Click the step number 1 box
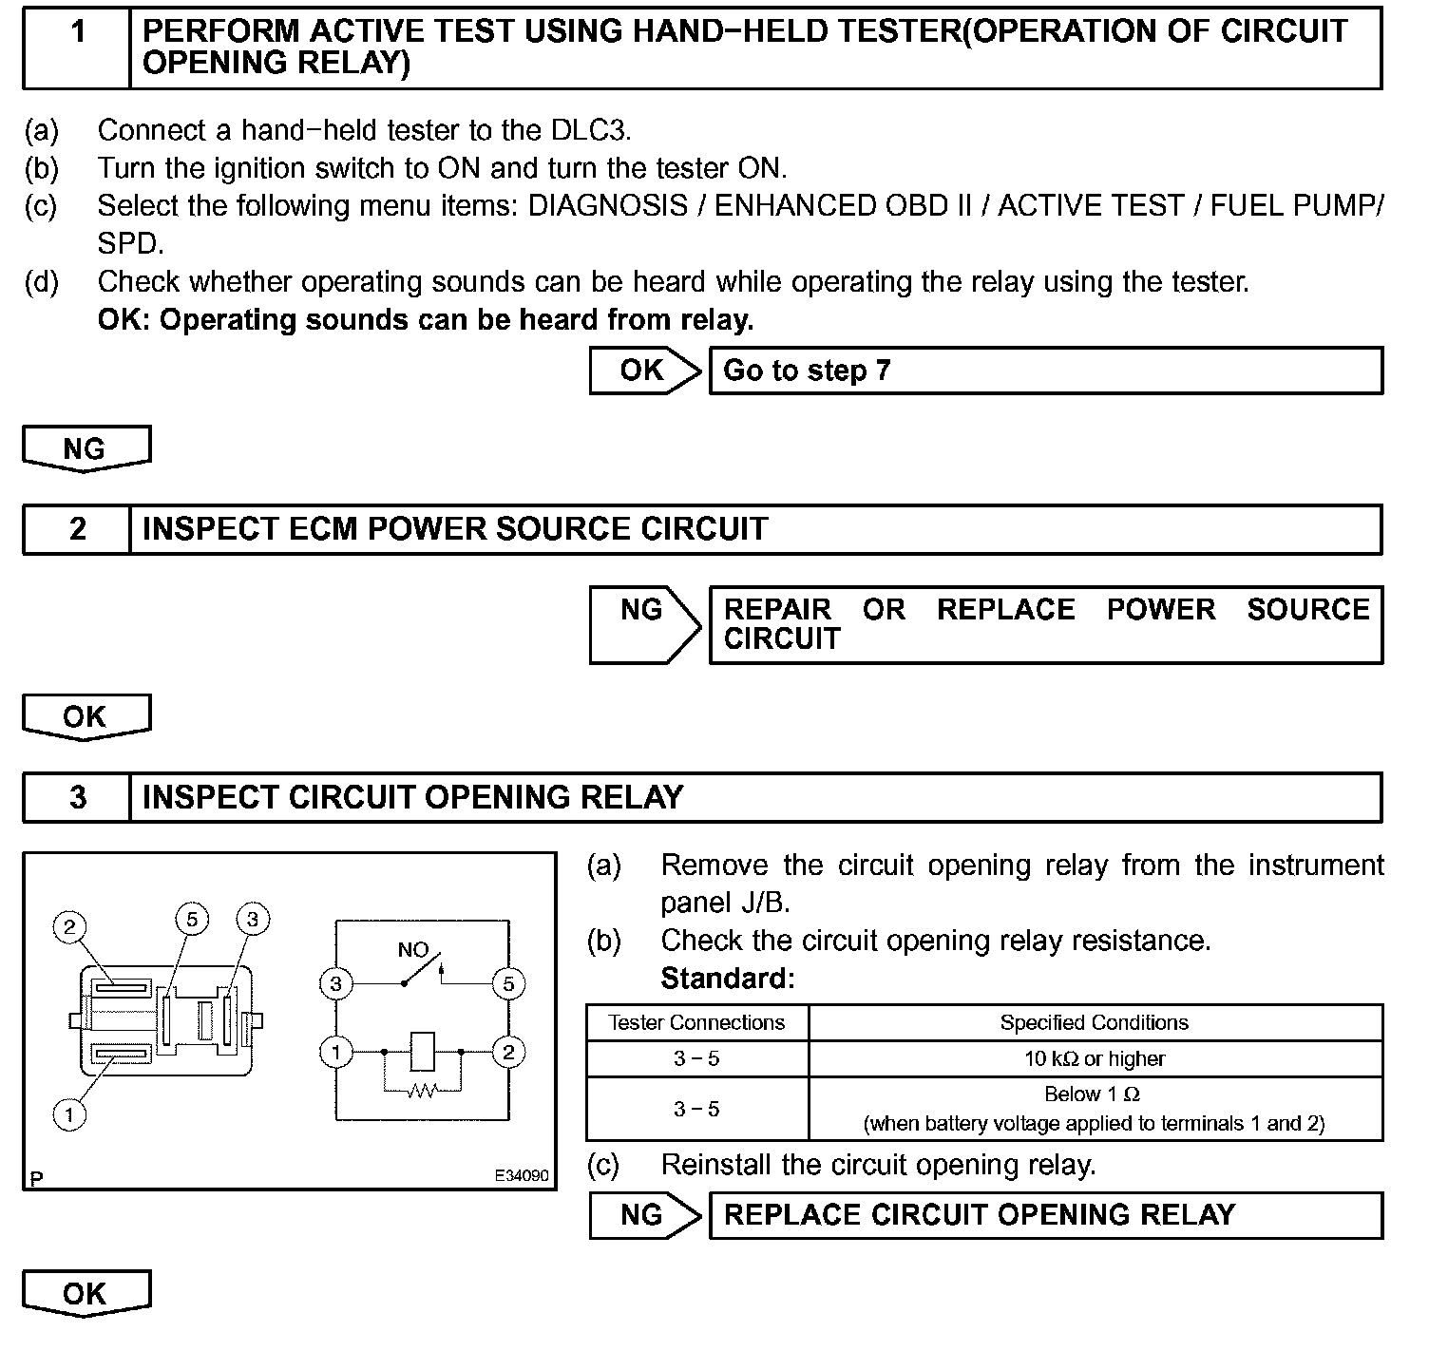pos(77,48)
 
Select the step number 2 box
pos(77,529)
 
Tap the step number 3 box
pos(77,797)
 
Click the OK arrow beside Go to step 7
pos(643,371)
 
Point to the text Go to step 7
pos(807,371)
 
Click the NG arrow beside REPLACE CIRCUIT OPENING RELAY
pos(643,1215)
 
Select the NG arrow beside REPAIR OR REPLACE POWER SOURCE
pos(643,623)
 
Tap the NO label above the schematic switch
pos(412,949)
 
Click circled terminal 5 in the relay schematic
pos(508,983)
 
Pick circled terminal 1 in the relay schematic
pos(335,1052)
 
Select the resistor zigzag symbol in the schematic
pos(422,1092)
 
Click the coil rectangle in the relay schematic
pos(422,1052)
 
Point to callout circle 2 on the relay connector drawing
pos(69,926)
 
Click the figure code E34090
pos(521,1175)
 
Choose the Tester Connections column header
pos(696,1022)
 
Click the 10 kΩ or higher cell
pos(1095,1058)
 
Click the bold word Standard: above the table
pos(728,978)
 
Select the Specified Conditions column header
pos(1095,1022)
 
